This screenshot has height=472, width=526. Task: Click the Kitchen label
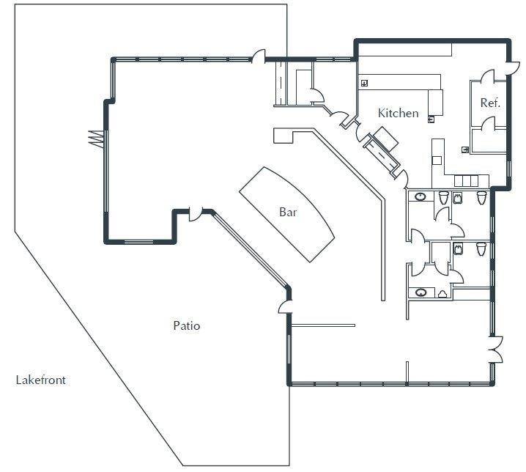[x=399, y=113]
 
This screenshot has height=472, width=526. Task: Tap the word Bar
[x=288, y=212]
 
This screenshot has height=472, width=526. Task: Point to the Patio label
[x=187, y=325]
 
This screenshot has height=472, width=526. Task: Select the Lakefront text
[x=40, y=380]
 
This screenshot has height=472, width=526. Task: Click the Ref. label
[x=490, y=103]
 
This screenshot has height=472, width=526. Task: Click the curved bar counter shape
[x=287, y=214]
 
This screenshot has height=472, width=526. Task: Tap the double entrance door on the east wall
[x=497, y=349]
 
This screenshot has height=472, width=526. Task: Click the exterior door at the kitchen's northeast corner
[x=514, y=68]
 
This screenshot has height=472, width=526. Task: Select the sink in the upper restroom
[x=420, y=196]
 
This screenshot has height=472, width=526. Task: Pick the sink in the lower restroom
[x=421, y=292]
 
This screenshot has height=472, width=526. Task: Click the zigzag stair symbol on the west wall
[x=96, y=138]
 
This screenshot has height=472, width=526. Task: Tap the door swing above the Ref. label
[x=487, y=76]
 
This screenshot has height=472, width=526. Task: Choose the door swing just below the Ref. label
[x=488, y=123]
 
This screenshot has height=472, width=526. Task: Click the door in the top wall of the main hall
[x=259, y=56]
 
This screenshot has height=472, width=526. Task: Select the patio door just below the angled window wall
[x=285, y=307]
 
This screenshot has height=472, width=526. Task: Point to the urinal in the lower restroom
[x=442, y=294]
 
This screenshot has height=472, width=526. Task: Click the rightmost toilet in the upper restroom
[x=482, y=197]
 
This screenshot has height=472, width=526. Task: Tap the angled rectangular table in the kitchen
[x=386, y=139]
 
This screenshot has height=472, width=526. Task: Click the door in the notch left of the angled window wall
[x=196, y=215]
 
